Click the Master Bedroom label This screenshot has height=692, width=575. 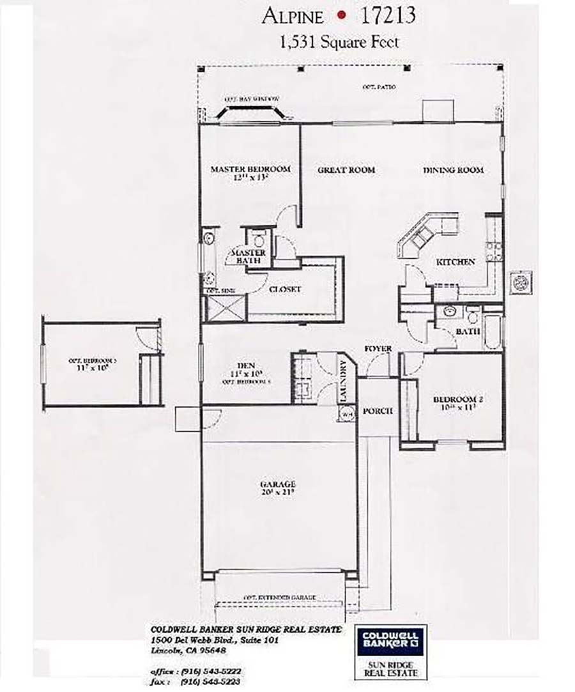(x=250, y=169)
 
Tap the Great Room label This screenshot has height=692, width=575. (x=346, y=170)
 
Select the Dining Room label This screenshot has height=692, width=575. (x=453, y=170)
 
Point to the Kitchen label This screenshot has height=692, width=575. (x=456, y=262)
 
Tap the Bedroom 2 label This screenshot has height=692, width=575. (x=458, y=400)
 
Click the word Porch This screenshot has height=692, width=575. (x=377, y=411)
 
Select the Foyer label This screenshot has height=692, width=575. (x=378, y=349)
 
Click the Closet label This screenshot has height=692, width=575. (x=285, y=289)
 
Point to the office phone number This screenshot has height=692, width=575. (x=213, y=672)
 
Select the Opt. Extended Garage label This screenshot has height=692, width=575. (x=279, y=597)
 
